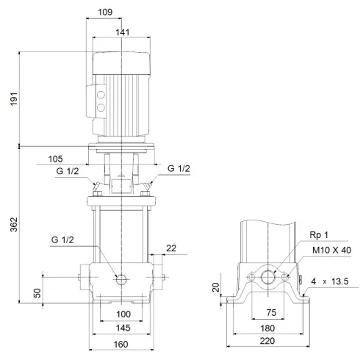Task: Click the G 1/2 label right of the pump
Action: click(179, 169)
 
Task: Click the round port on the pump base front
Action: click(121, 278)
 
